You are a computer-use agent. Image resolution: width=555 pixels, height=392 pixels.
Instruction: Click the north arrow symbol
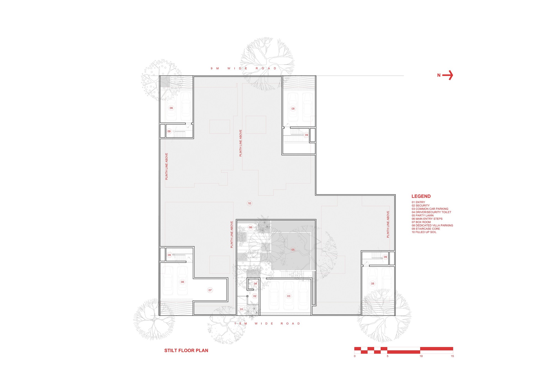pos(447,75)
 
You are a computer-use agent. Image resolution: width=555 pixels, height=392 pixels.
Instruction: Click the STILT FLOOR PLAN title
pos(186,350)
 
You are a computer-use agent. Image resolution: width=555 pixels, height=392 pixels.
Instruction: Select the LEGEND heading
pos(421,196)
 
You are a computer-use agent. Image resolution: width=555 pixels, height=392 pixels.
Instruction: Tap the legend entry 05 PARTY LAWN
pos(422,216)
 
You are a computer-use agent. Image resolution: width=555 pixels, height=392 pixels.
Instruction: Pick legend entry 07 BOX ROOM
pos(421,222)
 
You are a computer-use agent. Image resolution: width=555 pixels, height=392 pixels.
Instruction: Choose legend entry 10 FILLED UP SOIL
pos(424,232)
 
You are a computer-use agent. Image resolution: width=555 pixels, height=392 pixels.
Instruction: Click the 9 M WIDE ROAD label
pos(243,68)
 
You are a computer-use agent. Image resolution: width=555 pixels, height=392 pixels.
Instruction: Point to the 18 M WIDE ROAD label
pos(267,323)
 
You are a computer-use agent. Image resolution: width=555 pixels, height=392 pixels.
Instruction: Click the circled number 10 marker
pos(249,203)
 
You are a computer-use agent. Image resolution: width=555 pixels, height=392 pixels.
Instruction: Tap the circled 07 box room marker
pos(210,290)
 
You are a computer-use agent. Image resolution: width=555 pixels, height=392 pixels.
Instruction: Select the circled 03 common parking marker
pos(289,296)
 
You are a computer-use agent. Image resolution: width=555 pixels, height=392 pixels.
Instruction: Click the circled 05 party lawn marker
pos(293,250)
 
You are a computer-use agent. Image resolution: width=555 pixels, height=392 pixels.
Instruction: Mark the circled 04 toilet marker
pos(255,284)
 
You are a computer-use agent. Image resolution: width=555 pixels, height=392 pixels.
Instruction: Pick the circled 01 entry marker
pos(241,309)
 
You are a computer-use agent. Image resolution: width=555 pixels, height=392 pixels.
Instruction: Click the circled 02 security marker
pos(255,296)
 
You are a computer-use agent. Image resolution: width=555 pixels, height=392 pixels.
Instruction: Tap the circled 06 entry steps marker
pos(250,227)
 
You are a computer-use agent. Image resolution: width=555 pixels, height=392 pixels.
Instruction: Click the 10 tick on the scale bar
pos(421,356)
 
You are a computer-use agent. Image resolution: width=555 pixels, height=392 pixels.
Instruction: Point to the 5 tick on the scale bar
pos(387,356)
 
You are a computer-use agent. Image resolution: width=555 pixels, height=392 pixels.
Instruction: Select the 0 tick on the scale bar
pos(355,356)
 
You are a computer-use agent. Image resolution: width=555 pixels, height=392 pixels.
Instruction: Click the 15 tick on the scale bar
pos(452,356)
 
